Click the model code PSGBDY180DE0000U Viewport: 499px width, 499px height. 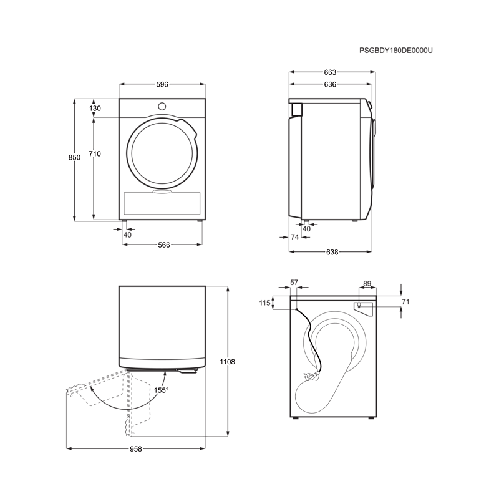pos(396,51)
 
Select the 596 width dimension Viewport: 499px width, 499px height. pos(162,84)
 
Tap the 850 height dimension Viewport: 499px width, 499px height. pos(74,157)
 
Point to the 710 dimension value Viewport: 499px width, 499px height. pos(95,153)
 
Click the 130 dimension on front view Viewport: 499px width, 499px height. pos(95,108)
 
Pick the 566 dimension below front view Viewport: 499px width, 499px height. pos(164,245)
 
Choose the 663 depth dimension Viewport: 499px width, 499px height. pos(330,72)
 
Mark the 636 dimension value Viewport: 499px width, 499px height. pos(330,84)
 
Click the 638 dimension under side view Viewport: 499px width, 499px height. pos(332,252)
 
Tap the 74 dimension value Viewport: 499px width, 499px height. pos(294,237)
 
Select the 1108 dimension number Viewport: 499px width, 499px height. pos(227,362)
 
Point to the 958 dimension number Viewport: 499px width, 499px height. pos(136,448)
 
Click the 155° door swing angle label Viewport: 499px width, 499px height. pos(161,390)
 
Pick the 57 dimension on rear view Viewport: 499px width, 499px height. pos(294,283)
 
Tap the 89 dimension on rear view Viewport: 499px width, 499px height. pos(367,283)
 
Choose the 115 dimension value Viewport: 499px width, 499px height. pos(264,303)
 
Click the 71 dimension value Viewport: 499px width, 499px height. pos(405,301)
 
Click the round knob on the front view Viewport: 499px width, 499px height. pos(162,106)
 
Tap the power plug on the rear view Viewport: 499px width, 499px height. pos(311,376)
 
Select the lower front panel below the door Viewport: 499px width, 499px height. pos(162,203)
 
